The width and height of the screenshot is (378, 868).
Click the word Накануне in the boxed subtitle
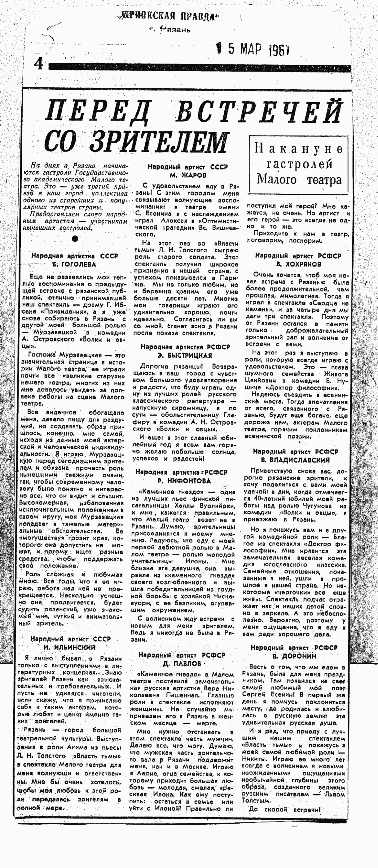tap(298, 148)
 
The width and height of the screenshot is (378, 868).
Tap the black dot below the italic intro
tap(75, 239)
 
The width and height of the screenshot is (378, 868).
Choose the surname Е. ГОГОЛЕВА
tap(74, 264)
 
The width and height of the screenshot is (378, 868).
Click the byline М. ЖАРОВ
tap(188, 175)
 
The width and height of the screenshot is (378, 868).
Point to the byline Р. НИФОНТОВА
tap(184, 481)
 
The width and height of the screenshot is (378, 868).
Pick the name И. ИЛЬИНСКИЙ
tap(70, 647)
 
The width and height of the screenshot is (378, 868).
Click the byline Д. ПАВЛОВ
tap(182, 663)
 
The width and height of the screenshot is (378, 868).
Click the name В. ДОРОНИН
tap(294, 656)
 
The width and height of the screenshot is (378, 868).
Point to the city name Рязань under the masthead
tap(175, 30)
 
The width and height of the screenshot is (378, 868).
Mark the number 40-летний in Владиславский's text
tap(269, 499)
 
